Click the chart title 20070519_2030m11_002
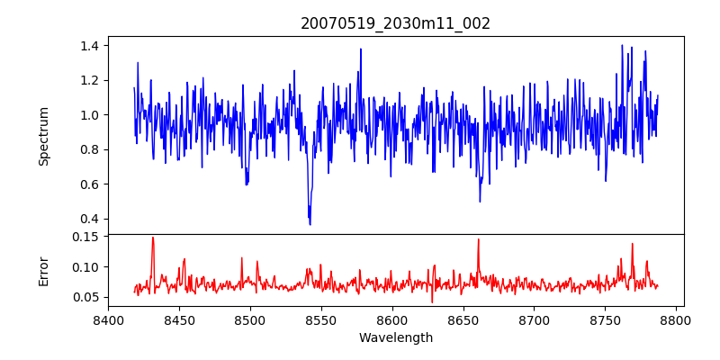tap(395, 23)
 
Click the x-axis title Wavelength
tap(395, 337)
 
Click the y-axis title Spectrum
tap(43, 136)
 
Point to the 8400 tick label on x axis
tap(108, 319)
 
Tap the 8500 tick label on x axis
tap(250, 319)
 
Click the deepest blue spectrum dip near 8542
tap(310, 223)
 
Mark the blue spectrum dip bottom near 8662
tap(480, 200)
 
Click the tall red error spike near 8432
tap(153, 238)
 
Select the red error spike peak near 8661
tap(478, 239)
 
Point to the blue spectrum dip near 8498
tap(247, 184)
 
